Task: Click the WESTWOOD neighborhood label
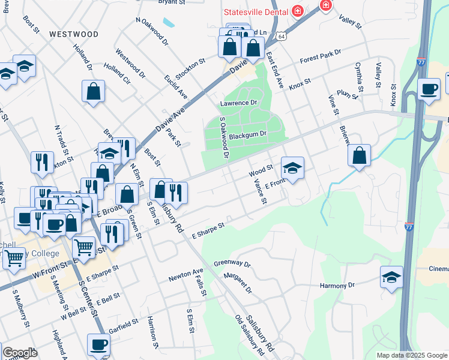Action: point(74,34)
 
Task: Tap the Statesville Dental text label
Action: point(255,11)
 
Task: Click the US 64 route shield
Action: point(281,37)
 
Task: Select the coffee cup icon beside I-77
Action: point(429,89)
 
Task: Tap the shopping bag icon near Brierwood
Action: point(359,155)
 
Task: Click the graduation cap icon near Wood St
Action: point(292,167)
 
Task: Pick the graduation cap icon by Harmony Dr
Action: point(391,277)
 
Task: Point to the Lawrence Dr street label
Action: point(238,103)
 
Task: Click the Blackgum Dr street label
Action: point(247,134)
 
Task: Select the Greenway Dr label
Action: point(232,263)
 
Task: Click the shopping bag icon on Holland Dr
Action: point(94,92)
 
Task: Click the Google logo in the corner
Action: point(20,353)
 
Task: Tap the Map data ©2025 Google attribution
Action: point(412,355)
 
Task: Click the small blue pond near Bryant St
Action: point(169,22)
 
